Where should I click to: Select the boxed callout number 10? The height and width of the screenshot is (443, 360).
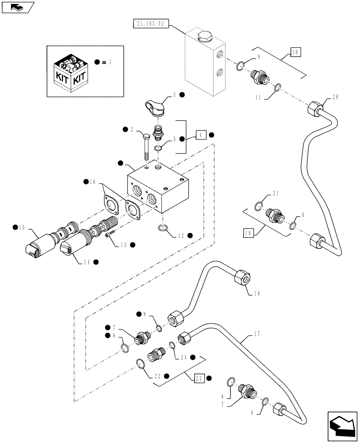(296, 52)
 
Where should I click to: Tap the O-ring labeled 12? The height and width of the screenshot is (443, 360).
(162, 228)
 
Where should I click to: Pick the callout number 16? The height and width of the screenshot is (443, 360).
(92, 181)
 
